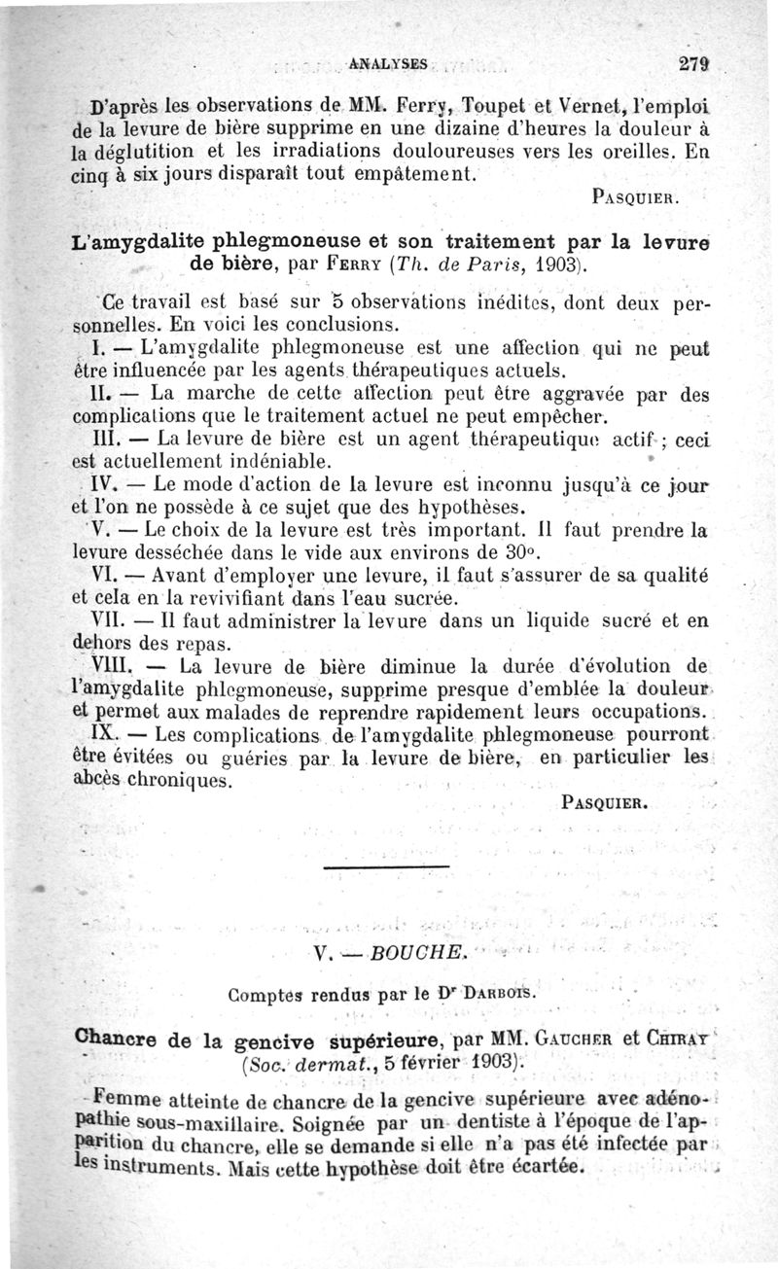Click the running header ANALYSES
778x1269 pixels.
(x=387, y=64)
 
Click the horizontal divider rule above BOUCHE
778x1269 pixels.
(x=385, y=866)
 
